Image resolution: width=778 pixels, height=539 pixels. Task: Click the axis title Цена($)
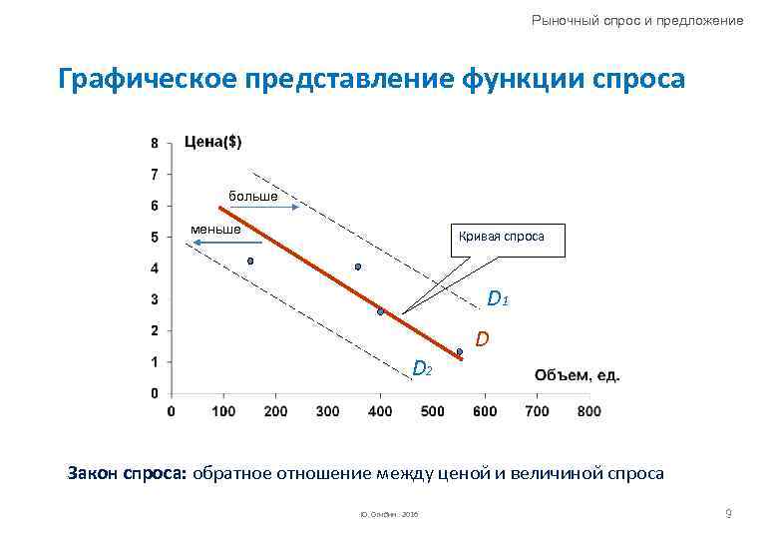click(213, 142)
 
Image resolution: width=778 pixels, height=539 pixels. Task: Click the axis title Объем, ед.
click(578, 375)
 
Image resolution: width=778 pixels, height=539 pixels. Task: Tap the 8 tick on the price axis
click(154, 143)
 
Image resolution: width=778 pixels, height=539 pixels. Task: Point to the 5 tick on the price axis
click(154, 238)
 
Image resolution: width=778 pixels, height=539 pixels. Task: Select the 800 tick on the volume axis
click(589, 410)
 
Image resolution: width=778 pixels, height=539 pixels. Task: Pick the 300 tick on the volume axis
click(327, 410)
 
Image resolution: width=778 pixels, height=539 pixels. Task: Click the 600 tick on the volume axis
click(485, 410)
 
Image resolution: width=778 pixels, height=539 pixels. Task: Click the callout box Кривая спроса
click(502, 238)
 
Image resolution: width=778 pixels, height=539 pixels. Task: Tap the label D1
click(499, 298)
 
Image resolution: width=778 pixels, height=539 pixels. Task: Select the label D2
click(422, 370)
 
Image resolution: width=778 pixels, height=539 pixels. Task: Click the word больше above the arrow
click(253, 196)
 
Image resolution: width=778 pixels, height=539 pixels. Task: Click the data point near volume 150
click(250, 262)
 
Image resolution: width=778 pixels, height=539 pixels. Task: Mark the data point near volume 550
click(460, 351)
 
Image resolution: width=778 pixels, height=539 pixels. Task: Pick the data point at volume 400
click(381, 312)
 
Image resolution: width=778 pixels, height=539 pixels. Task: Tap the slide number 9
click(729, 513)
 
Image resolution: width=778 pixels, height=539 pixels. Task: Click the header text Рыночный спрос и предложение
click(637, 20)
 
